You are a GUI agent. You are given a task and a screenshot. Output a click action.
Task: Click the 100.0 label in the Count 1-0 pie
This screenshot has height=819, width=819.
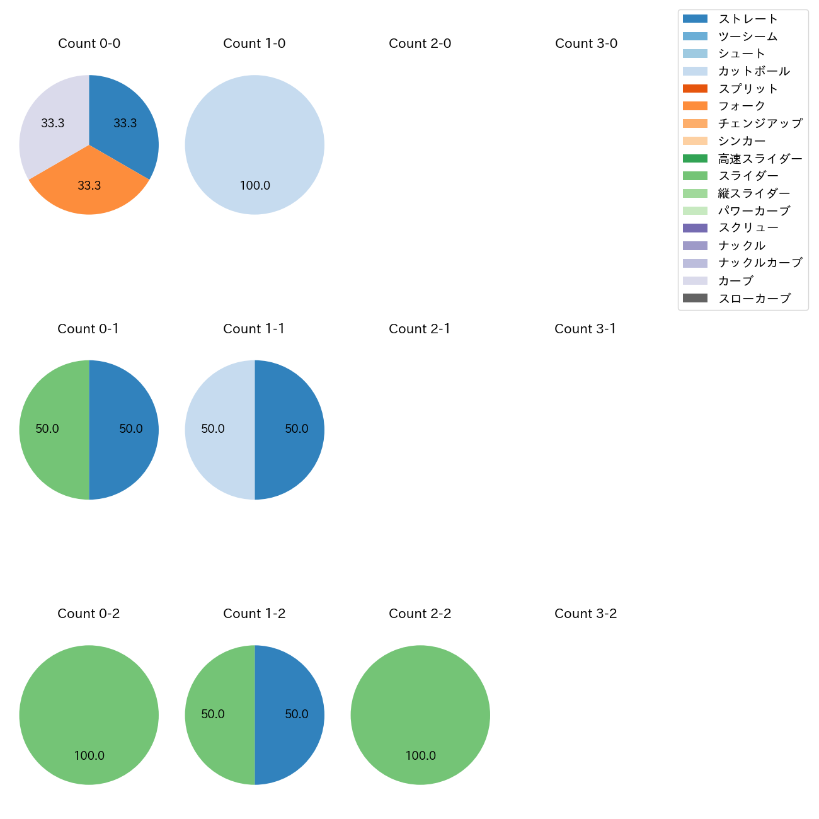tap(255, 186)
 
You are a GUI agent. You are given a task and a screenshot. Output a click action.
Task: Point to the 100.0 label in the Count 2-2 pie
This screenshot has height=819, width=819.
tap(420, 756)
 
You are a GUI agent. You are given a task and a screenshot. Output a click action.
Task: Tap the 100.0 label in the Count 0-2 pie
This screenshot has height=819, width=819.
tap(89, 756)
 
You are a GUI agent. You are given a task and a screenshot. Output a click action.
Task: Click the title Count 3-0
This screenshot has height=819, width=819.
tap(586, 43)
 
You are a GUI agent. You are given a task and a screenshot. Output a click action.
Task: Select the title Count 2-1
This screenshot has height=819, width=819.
tap(420, 329)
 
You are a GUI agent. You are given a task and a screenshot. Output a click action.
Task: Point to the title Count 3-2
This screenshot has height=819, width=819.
tap(585, 614)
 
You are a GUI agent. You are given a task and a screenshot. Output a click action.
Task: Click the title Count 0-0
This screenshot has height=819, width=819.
tap(89, 43)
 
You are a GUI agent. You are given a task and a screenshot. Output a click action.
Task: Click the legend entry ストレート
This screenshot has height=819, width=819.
tap(748, 19)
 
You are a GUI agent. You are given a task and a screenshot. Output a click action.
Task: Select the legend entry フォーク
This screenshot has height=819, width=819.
tap(742, 106)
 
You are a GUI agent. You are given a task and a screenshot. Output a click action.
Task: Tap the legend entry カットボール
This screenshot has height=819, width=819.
tap(753, 71)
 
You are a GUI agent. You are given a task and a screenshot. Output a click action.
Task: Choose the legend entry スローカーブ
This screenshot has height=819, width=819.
tap(754, 299)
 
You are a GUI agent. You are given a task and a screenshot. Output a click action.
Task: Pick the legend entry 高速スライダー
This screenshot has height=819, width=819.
tap(760, 159)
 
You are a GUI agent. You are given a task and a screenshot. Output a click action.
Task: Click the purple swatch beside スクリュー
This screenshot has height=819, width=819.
tap(695, 228)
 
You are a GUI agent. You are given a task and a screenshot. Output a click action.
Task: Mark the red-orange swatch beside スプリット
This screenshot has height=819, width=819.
tap(695, 89)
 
